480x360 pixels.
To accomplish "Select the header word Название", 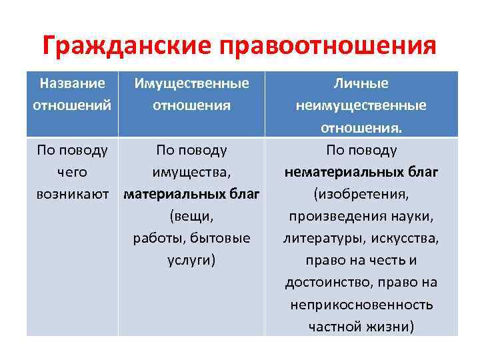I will point(72,83).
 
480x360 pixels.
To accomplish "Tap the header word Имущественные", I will point(191,83).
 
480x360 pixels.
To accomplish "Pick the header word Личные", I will point(361,83).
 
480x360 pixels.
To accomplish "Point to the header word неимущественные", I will point(361,105).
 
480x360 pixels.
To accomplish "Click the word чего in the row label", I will point(72,172).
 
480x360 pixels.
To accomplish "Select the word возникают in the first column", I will point(72,194).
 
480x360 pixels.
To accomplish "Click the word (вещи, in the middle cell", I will point(191,216).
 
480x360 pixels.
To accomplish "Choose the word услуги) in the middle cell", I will point(191,260).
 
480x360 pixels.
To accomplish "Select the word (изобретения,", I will point(361,194).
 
